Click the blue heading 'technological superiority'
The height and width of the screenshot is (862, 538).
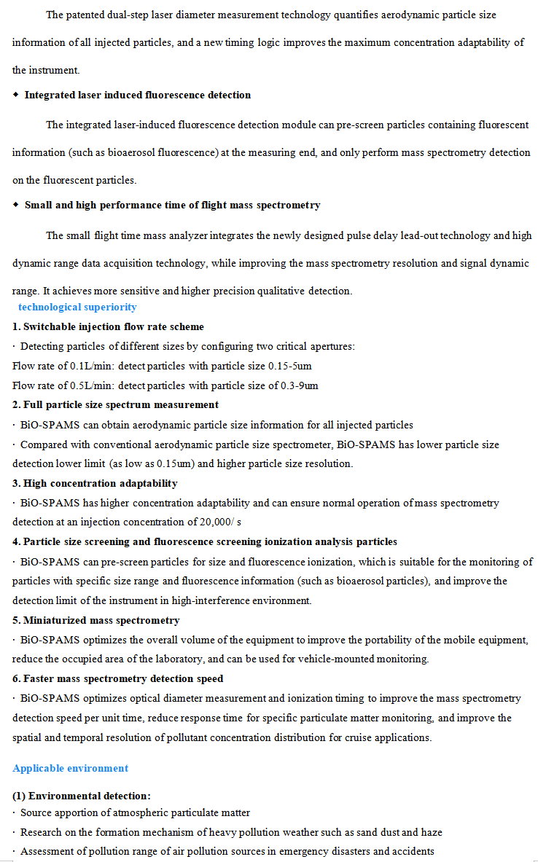77,307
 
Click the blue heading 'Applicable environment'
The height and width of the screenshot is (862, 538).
70,769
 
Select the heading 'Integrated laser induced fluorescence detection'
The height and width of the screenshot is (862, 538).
137,95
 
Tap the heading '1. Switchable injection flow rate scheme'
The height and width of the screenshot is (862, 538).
109,327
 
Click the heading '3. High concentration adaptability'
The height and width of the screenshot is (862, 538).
95,483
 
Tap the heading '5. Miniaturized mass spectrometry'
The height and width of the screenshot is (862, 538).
95,621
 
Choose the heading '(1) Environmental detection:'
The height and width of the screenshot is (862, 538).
82,796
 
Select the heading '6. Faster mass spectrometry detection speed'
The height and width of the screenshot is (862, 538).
118,679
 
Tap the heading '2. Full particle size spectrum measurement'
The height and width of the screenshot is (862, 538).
115,404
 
